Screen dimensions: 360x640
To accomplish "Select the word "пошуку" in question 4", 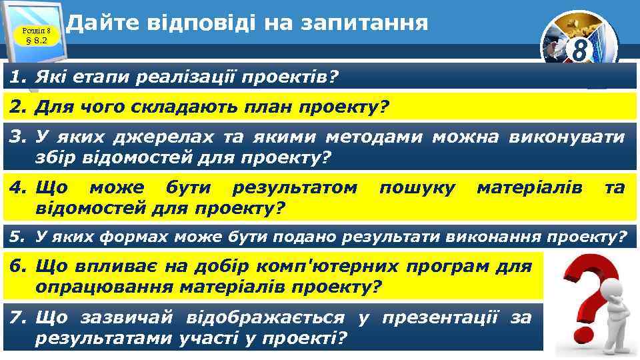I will pos(417,189).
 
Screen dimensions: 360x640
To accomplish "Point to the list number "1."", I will pos(17,79).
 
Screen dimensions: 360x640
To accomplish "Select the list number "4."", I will pos(17,189).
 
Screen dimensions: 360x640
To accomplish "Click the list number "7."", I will pos(17,318).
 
